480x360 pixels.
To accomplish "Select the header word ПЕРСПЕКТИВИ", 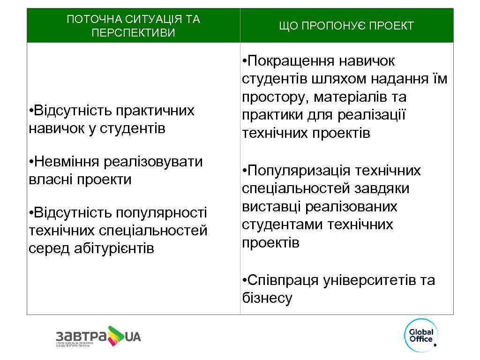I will (x=134, y=33).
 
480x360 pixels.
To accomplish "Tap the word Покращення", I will (x=321, y=61).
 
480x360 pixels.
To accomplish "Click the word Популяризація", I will (x=297, y=171).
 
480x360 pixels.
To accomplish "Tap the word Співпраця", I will (x=283, y=281).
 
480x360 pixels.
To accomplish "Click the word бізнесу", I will (x=267, y=298).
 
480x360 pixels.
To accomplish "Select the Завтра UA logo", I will (x=98, y=337).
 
